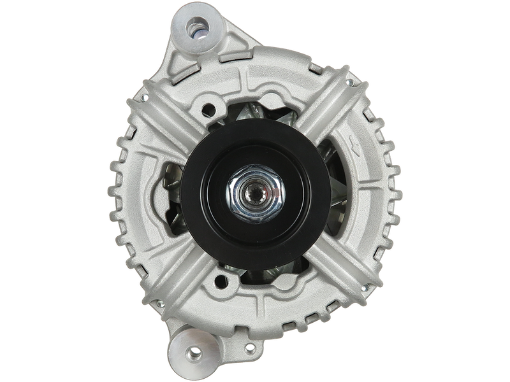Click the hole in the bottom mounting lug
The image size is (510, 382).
tap(189, 351)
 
